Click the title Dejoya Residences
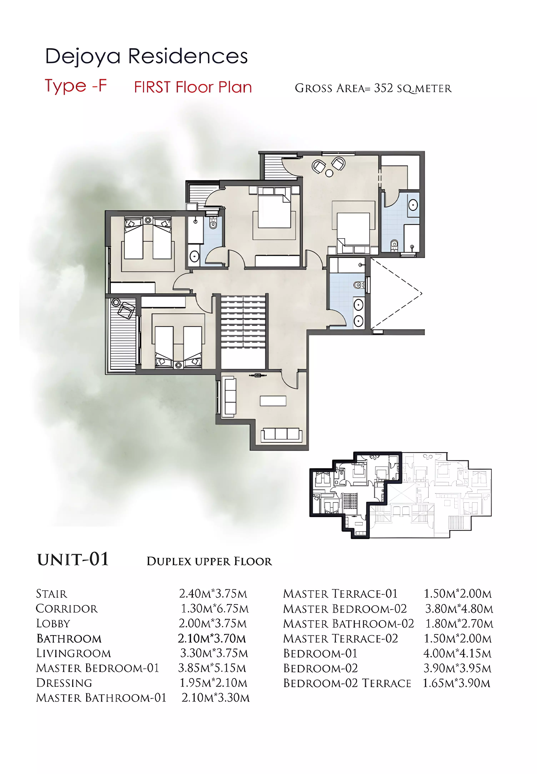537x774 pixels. click(x=147, y=56)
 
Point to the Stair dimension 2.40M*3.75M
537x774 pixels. click(x=213, y=594)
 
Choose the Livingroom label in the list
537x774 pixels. click(x=73, y=653)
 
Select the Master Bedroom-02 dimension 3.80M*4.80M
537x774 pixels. click(x=459, y=609)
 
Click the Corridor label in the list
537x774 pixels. click(x=67, y=609)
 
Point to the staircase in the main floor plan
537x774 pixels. click(x=244, y=331)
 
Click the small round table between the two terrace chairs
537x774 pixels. click(x=329, y=173)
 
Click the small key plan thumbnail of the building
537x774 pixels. click(x=400, y=495)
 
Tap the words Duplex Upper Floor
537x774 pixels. click(x=209, y=561)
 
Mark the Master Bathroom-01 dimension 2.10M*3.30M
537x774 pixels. click(x=215, y=698)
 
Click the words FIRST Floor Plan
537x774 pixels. click(x=193, y=87)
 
